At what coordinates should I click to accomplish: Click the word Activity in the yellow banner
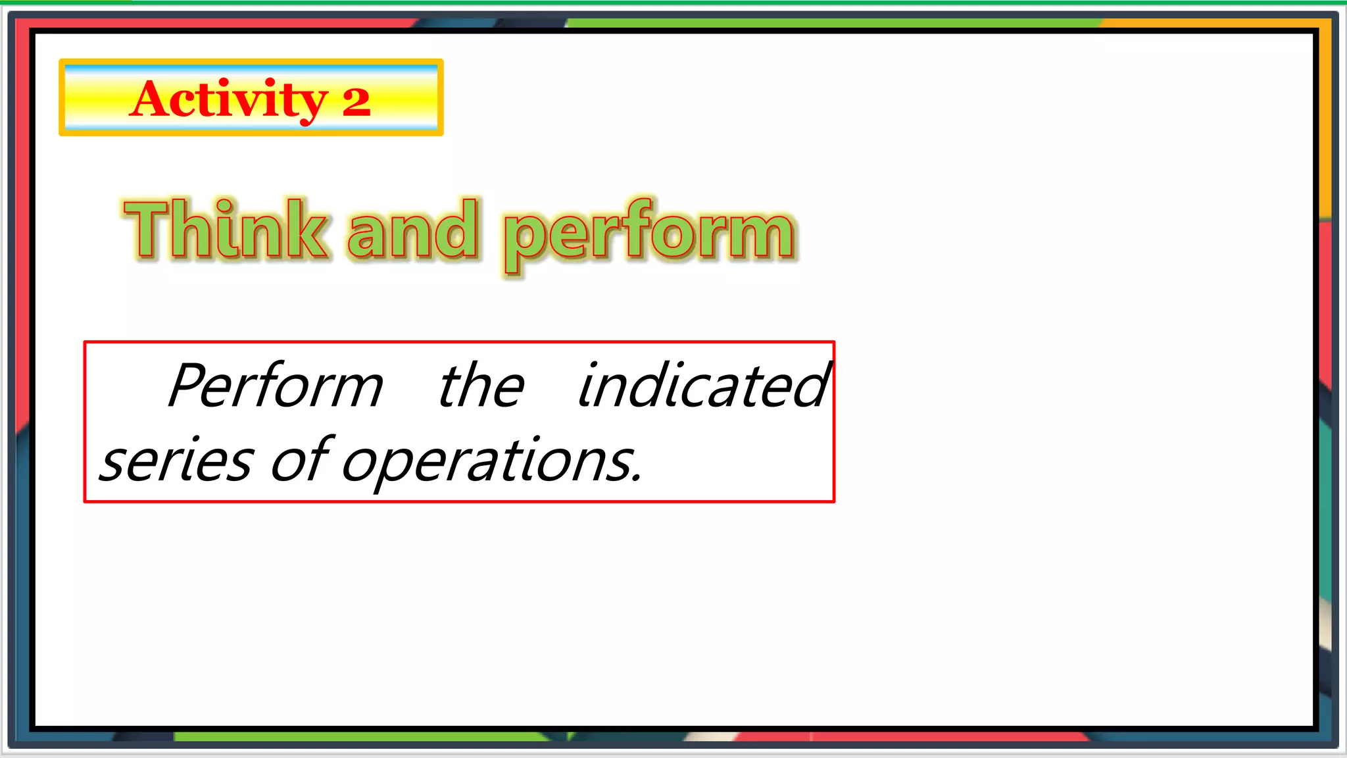click(x=228, y=99)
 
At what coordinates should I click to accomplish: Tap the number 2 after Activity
click(x=356, y=102)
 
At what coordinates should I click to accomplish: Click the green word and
click(x=412, y=230)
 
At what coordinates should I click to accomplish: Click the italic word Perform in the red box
click(x=276, y=386)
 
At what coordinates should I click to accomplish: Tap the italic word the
click(x=481, y=386)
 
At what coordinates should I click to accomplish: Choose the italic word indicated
click(x=702, y=386)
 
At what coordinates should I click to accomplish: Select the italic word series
click(x=176, y=461)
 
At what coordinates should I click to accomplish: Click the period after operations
click(x=636, y=479)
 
